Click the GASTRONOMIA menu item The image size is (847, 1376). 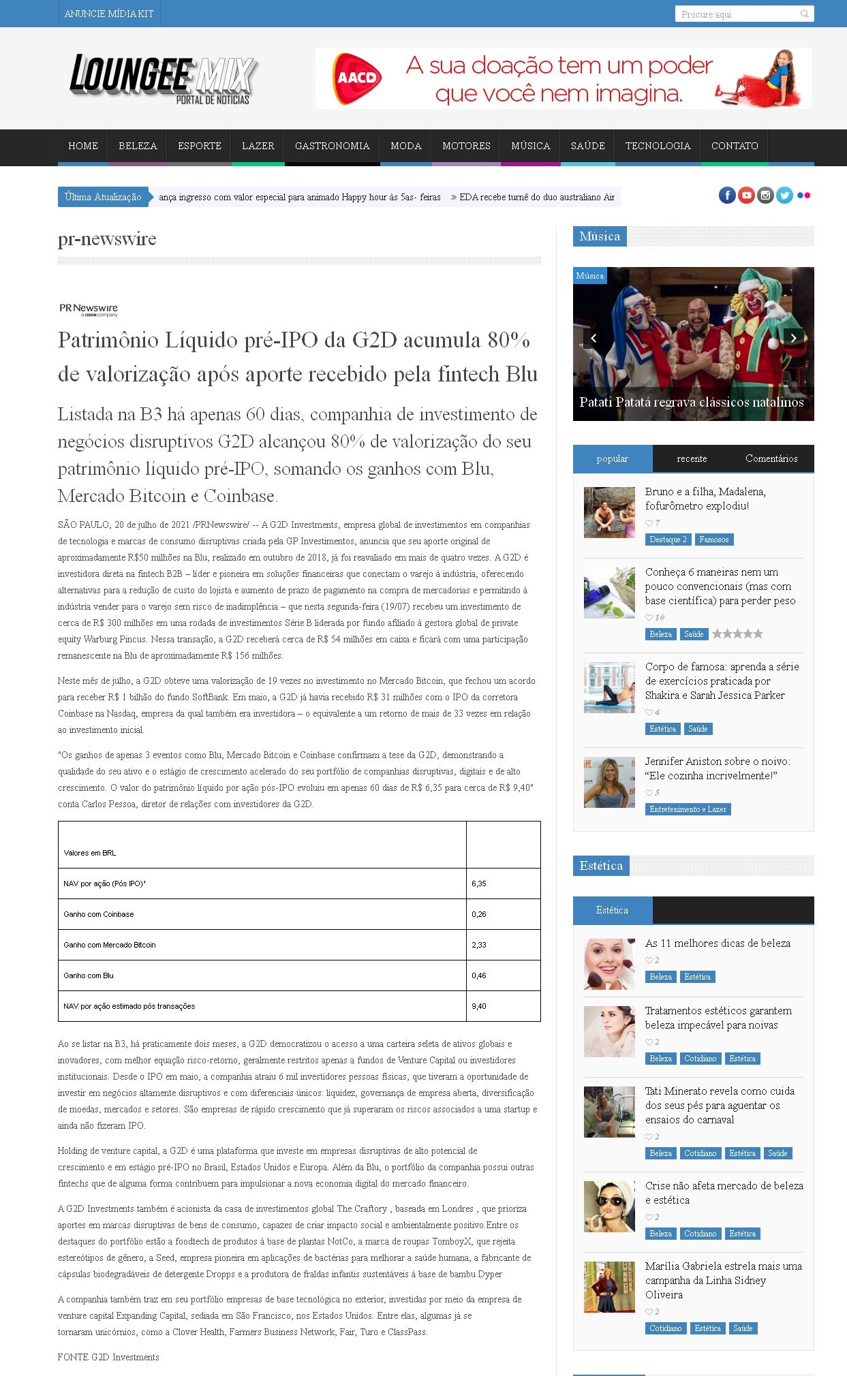[332, 146]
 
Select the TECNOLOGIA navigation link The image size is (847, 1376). [658, 146]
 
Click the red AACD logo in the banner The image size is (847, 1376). [356, 78]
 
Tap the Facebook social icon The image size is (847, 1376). [727, 196]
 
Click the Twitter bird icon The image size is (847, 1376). [784, 196]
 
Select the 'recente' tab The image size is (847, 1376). [692, 458]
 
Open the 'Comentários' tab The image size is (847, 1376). [771, 458]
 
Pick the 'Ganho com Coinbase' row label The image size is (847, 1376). [99, 914]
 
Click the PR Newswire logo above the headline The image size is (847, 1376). [89, 310]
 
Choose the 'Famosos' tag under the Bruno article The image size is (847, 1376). [713, 540]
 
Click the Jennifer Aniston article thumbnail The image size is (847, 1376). [609, 782]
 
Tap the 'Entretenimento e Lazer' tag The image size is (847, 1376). [688, 809]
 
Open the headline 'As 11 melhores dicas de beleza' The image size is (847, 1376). [718, 943]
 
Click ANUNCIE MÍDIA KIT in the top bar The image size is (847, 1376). [109, 14]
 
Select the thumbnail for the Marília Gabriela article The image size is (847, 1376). [609, 1287]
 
